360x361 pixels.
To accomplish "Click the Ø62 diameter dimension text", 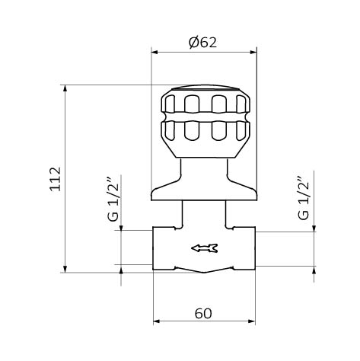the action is [x=203, y=43].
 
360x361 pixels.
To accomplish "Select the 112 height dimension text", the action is [x=56, y=179].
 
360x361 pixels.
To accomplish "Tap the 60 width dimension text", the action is [x=203, y=313].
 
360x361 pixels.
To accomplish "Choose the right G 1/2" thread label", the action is [x=304, y=198].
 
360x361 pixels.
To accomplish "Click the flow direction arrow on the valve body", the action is [x=204, y=248].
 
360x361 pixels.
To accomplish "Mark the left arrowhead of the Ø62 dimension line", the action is [x=155, y=53].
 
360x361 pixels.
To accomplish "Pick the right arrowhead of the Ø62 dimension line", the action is [x=253, y=53].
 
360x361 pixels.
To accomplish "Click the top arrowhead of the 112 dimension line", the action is [x=65, y=88].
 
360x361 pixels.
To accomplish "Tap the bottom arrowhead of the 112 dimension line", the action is [x=65, y=269].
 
